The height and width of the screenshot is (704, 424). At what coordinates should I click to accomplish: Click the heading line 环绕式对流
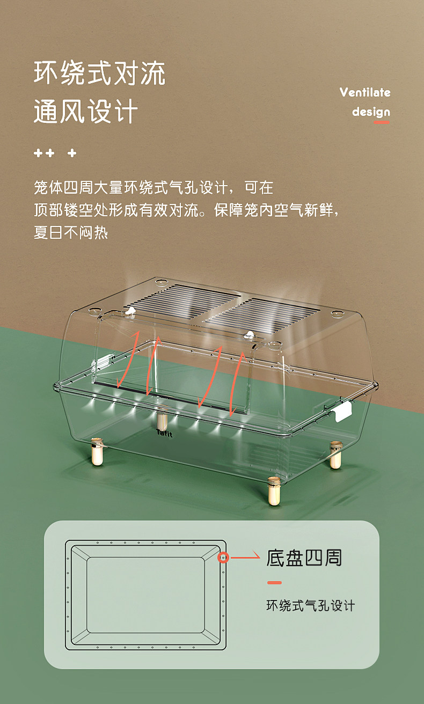(x=100, y=74)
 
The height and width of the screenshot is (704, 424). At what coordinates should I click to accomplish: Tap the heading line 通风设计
(x=86, y=112)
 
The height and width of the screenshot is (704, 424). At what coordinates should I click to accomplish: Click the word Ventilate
(x=365, y=92)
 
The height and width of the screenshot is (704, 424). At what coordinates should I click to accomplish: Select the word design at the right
(x=371, y=112)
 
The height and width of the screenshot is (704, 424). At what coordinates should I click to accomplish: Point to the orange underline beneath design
(x=381, y=123)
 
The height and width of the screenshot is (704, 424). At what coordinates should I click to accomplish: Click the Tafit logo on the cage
(x=164, y=433)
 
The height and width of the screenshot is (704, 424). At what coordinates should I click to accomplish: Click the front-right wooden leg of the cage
(x=274, y=492)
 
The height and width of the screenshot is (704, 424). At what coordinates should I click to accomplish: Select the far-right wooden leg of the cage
(x=335, y=454)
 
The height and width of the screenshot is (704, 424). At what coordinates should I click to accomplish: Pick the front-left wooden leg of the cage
(x=97, y=452)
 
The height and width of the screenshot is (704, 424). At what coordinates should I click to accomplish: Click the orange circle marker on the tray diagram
(x=223, y=558)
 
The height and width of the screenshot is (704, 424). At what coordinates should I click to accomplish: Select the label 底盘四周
(x=304, y=558)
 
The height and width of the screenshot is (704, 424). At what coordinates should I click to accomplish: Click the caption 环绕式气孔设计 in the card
(x=311, y=606)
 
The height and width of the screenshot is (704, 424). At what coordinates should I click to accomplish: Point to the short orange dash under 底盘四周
(x=274, y=583)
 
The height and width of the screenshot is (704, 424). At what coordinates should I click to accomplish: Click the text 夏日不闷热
(x=71, y=233)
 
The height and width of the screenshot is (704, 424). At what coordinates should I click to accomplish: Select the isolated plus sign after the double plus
(x=72, y=153)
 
